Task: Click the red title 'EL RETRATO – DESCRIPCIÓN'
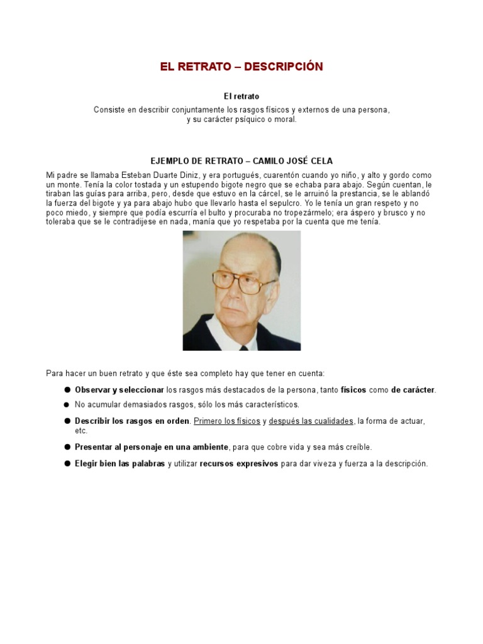tap(241, 67)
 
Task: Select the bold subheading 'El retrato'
tap(241, 96)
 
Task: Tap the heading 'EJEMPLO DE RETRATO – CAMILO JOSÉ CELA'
tap(241, 161)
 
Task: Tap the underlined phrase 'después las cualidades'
tap(311, 421)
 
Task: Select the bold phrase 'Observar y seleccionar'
tap(119, 390)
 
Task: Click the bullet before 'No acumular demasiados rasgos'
tap(66, 405)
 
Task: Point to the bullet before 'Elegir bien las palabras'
tap(66, 464)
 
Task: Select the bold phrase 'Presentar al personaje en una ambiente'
tap(152, 447)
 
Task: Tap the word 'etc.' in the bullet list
tap(81, 431)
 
